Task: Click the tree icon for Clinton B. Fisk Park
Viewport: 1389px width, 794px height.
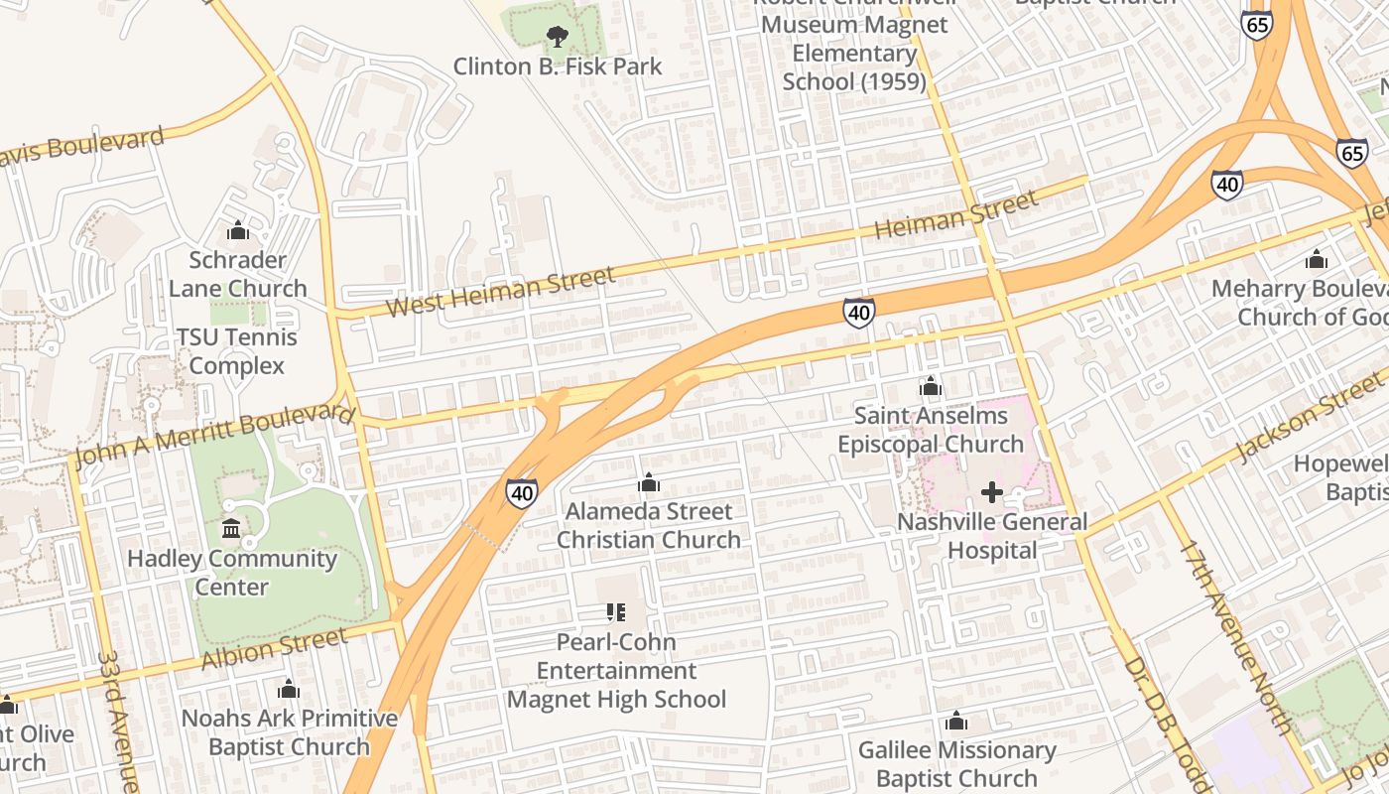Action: (558, 38)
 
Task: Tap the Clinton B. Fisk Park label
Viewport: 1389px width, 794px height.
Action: (558, 66)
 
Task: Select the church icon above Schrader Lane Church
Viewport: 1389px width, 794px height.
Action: (238, 231)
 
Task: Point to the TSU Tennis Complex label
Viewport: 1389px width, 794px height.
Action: (236, 351)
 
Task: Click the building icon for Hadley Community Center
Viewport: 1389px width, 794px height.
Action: (231, 528)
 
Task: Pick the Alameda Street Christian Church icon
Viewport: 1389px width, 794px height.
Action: (649, 483)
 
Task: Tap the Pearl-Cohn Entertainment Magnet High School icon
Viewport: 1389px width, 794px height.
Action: (615, 612)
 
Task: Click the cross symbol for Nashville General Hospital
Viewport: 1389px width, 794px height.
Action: (991, 492)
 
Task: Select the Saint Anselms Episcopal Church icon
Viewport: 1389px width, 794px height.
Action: (931, 386)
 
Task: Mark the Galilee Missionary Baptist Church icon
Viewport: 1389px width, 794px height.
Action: (956, 721)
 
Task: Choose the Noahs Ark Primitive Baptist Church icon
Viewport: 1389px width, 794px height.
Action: (289, 689)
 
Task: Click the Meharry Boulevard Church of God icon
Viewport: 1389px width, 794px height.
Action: (1317, 260)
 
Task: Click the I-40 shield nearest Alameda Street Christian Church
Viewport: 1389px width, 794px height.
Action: (522, 492)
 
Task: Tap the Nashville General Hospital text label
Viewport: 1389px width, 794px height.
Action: (992, 536)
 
